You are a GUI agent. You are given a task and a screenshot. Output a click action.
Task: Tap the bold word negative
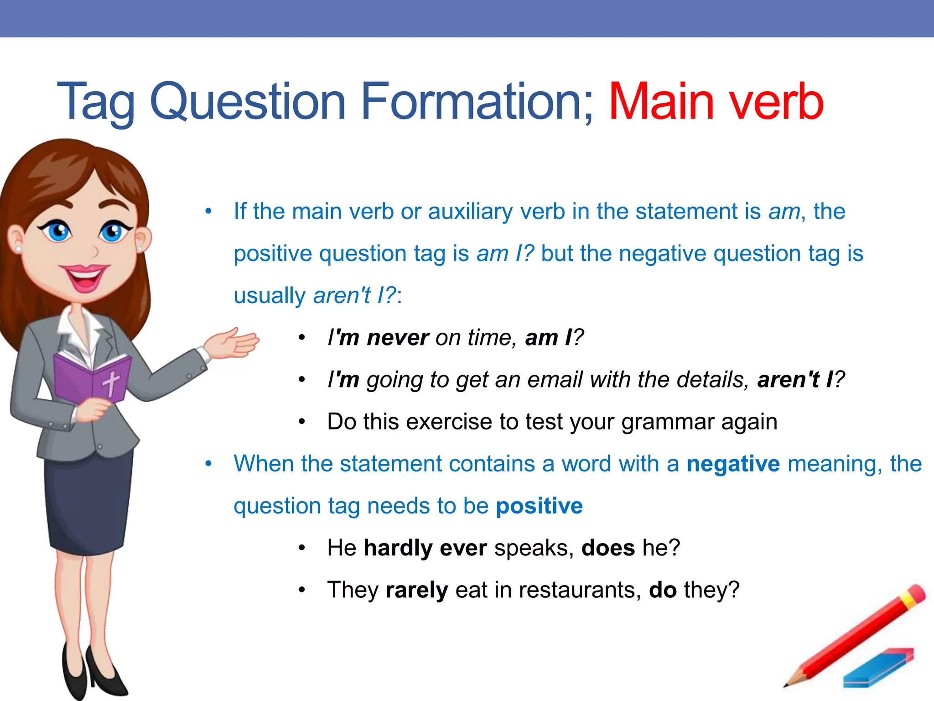(x=733, y=464)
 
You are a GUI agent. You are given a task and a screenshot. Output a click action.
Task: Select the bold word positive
(x=539, y=506)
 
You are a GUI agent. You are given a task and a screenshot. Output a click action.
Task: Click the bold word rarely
(x=416, y=590)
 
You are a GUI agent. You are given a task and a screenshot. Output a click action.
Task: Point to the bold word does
(x=608, y=548)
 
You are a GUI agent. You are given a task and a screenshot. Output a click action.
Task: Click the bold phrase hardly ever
(x=425, y=548)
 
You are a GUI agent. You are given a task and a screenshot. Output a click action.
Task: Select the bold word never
(x=398, y=338)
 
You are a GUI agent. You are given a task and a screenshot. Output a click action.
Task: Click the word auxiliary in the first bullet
(x=470, y=212)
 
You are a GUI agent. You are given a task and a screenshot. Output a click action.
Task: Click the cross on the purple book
(x=110, y=382)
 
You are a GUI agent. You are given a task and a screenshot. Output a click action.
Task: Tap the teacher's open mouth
(x=84, y=278)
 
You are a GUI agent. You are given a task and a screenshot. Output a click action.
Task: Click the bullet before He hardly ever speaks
(x=301, y=548)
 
